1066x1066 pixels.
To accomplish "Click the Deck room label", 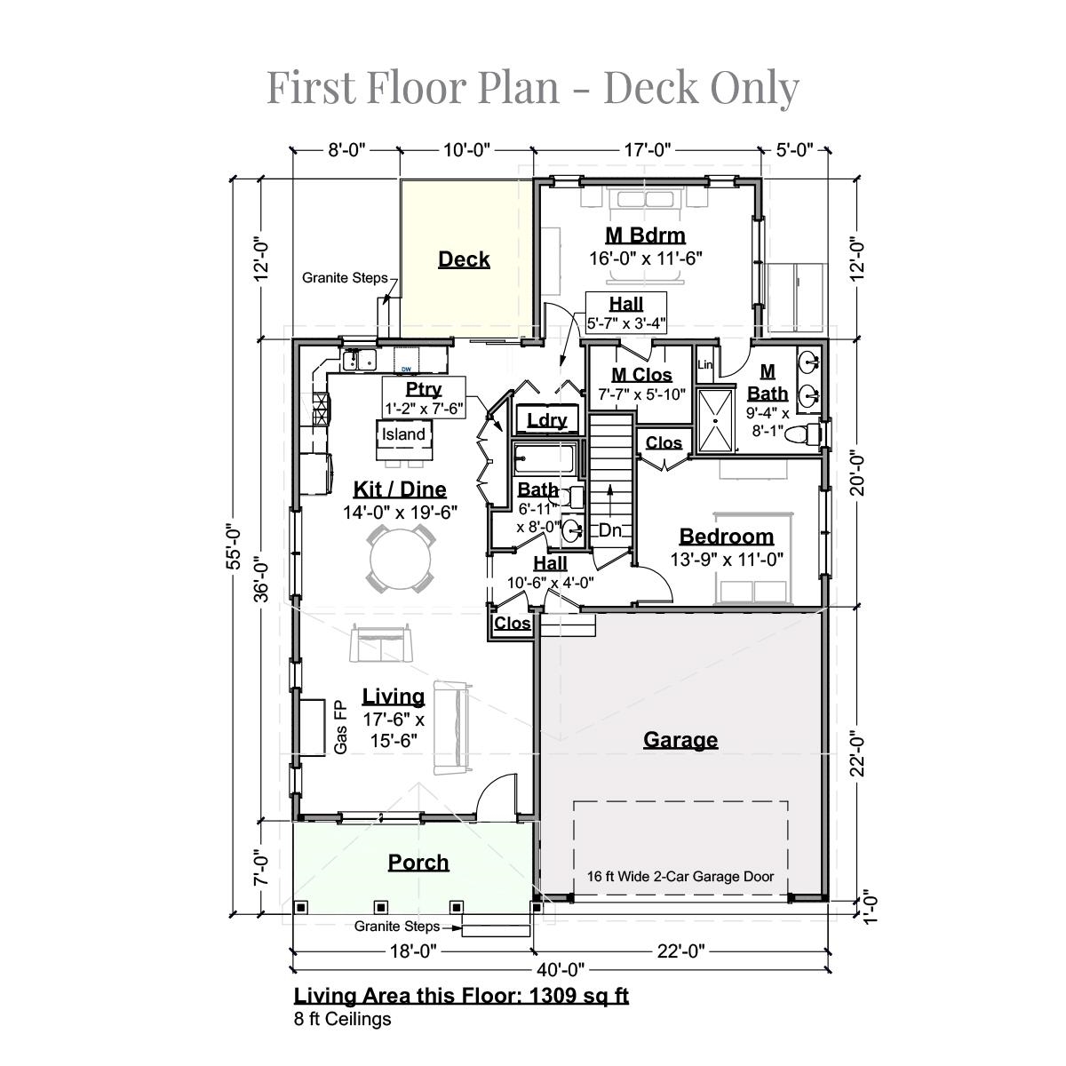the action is coord(464,259).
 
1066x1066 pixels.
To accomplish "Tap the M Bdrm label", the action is coord(645,235).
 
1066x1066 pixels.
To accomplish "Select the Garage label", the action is coord(680,740).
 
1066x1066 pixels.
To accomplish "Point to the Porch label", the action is coord(418,863).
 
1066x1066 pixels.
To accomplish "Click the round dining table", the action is coord(400,559).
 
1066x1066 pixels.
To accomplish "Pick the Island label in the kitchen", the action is coord(403,434).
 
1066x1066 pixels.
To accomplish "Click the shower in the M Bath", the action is coord(715,421).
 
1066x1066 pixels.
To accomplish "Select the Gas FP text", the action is coord(340,728).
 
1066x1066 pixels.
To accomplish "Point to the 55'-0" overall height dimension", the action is coord(234,545).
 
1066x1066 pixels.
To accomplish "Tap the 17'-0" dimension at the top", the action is coord(648,150).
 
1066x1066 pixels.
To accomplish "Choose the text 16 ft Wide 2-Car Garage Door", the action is coord(680,876).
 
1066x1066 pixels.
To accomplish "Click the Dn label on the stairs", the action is coord(610,530).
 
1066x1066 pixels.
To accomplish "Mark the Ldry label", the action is coord(547,420).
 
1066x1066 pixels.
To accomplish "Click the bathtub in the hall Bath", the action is coord(545,459).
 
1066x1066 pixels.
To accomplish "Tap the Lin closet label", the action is coord(704,364).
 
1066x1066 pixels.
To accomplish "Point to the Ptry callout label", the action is coord(424,389).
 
